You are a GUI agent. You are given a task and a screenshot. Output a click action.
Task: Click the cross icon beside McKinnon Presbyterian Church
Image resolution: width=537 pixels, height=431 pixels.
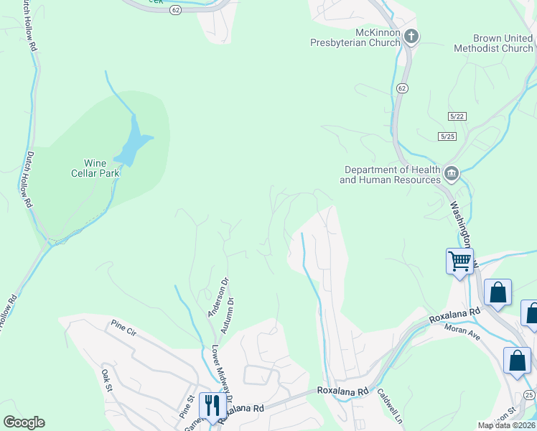tap(411, 36)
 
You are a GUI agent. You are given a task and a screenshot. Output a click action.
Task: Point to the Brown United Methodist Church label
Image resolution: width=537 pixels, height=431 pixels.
tap(493, 43)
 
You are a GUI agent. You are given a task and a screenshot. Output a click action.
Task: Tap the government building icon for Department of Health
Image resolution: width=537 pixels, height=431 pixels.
tap(452, 173)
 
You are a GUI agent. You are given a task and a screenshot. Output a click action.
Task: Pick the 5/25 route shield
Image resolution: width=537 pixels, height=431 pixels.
tap(448, 136)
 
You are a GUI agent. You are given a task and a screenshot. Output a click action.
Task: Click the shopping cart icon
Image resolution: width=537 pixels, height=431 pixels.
tap(459, 260)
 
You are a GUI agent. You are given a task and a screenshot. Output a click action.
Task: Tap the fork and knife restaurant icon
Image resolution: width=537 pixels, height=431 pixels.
tap(210, 404)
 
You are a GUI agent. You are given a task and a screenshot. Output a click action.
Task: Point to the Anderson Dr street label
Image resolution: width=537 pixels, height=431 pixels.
tap(218, 297)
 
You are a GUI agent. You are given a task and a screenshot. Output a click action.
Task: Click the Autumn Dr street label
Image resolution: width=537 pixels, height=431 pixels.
tap(230, 317)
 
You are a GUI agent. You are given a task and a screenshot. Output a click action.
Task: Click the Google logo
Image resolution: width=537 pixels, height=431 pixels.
tap(24, 422)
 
